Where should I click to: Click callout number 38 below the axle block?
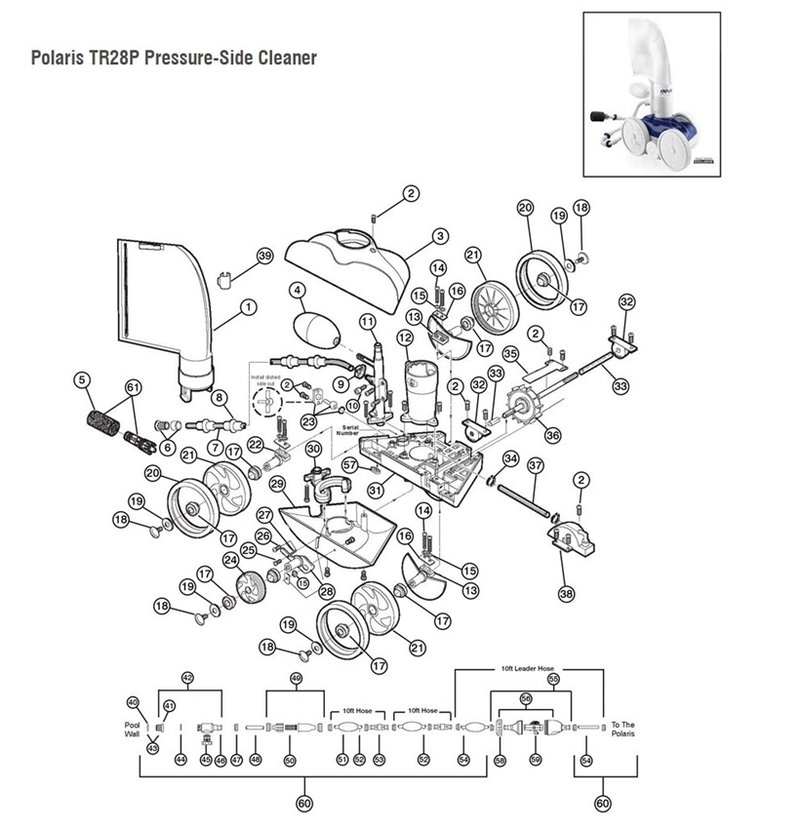[566, 593]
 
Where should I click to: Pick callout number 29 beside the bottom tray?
[277, 484]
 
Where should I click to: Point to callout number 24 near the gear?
[230, 560]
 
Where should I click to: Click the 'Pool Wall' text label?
[134, 731]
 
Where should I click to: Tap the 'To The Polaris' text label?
[622, 730]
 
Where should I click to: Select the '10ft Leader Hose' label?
[526, 669]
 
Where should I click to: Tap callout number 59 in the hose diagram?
[535, 760]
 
